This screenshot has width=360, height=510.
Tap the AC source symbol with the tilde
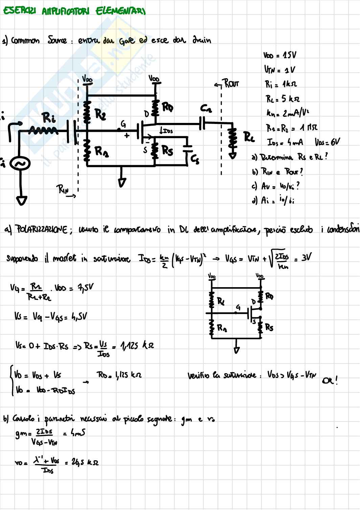20,164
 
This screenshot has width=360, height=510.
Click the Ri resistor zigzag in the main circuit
43,130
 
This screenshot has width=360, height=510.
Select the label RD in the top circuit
167,107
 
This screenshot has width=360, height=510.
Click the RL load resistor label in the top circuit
249,137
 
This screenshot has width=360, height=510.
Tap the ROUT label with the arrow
231,83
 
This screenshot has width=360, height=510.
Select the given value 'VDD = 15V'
279,55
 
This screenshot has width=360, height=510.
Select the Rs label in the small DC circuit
269,327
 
